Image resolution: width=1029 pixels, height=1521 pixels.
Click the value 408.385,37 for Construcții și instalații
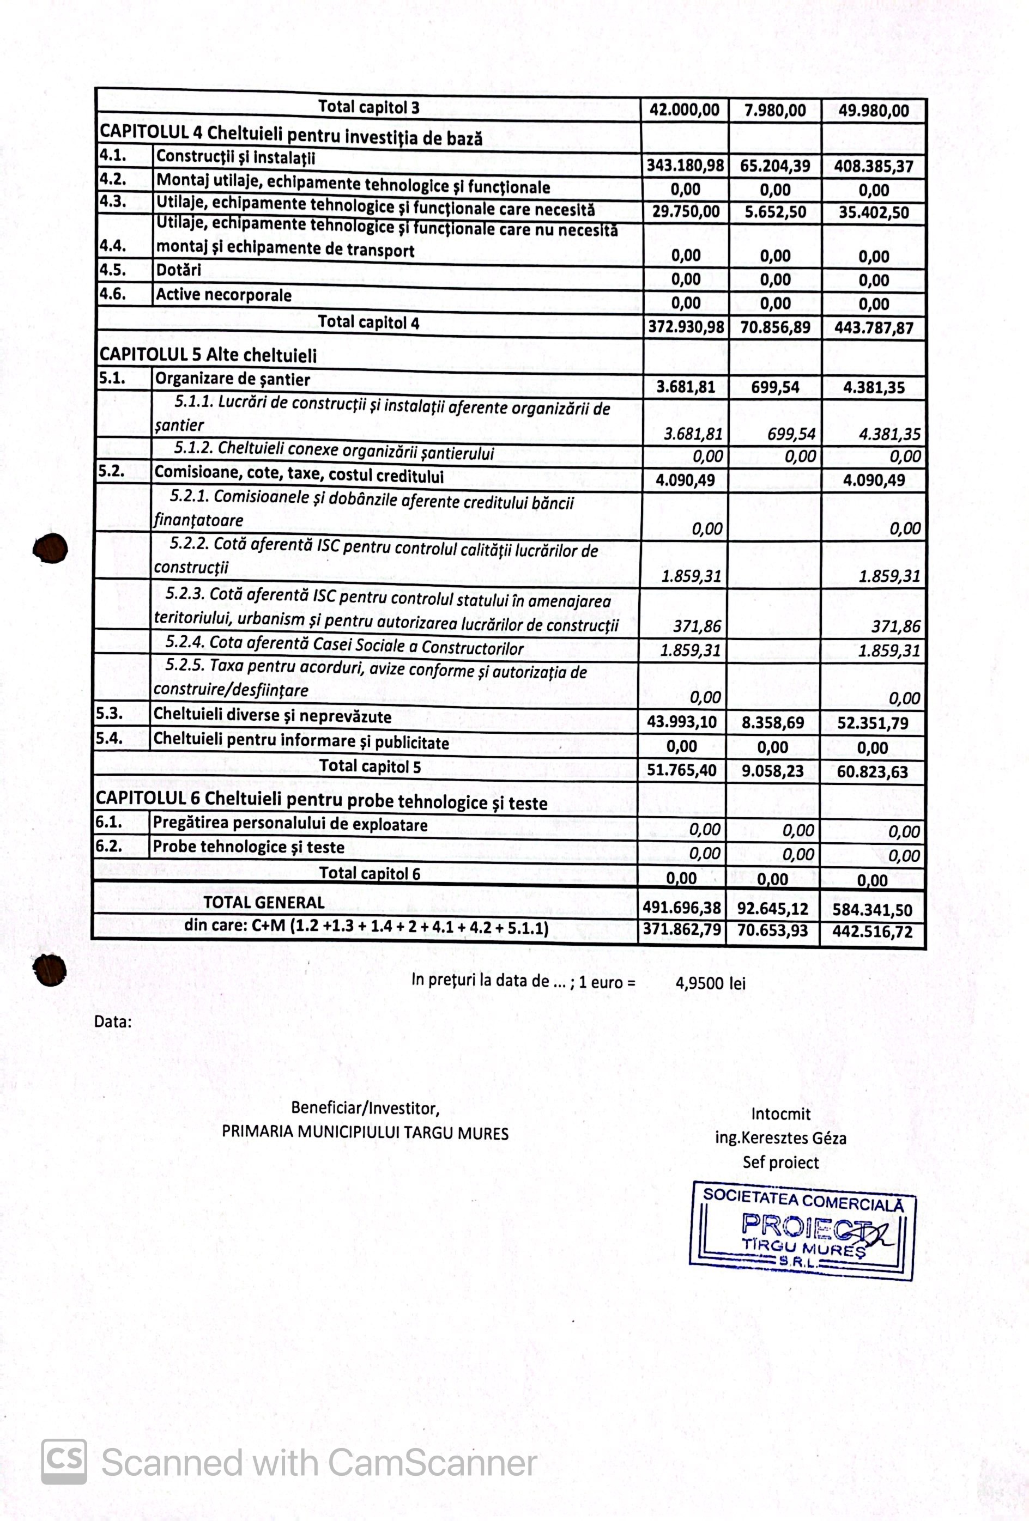[x=873, y=166]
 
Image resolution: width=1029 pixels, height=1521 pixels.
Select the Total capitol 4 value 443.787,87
[x=873, y=328]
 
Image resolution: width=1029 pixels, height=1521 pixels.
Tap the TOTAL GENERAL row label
[x=264, y=903]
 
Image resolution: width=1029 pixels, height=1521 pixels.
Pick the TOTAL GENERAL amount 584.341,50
[x=872, y=910]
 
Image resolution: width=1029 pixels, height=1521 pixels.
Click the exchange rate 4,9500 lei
[x=710, y=983]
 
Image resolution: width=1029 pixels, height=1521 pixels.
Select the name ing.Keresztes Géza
[x=780, y=1138]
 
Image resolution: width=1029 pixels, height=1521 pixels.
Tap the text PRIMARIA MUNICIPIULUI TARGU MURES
[x=365, y=1133]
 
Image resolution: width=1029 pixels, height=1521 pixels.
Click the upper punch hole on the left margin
[x=50, y=548]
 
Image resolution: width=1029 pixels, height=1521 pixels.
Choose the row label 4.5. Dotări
[x=178, y=270]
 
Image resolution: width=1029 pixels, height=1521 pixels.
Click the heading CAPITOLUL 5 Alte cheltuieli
[x=208, y=355]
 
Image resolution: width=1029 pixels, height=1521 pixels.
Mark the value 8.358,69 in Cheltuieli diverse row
[x=772, y=722]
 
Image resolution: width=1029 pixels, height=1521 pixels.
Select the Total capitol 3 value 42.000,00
[x=684, y=110]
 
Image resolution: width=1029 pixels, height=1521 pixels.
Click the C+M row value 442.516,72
[x=872, y=932]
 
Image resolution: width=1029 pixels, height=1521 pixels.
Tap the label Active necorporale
[x=223, y=295]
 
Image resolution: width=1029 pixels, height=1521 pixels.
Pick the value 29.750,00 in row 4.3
[x=685, y=212]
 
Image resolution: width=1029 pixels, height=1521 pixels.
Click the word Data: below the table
[x=113, y=1021]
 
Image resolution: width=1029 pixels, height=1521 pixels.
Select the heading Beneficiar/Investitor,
[x=365, y=1108]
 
